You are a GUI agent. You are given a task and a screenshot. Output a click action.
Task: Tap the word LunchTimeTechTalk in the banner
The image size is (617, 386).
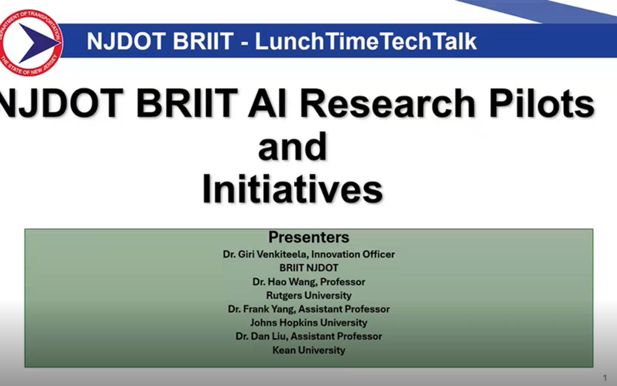366,41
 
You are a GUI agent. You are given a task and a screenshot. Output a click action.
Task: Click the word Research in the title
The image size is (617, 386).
387,103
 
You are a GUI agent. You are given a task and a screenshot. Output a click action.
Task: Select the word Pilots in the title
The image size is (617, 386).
542,103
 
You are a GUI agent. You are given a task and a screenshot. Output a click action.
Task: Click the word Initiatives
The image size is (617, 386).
293,189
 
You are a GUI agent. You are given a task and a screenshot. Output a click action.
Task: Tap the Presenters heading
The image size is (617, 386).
309,237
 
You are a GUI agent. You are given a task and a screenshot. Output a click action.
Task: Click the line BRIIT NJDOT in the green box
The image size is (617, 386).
309,268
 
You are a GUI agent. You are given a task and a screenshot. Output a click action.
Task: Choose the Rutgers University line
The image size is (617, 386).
309,296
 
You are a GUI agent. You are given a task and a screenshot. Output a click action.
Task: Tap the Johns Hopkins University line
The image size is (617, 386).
309,323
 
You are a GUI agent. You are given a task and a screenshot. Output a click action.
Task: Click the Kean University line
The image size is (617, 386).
309,350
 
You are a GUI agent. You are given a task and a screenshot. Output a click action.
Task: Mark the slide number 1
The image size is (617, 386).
605,378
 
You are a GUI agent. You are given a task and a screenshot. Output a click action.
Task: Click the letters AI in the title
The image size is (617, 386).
267,103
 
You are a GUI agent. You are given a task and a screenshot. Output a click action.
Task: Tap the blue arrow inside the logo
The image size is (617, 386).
38,42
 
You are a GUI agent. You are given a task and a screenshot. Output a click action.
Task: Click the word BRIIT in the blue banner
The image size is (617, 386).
203,41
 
